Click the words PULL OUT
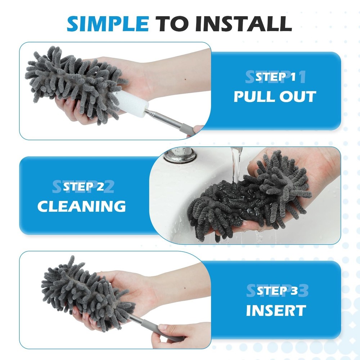pos(275,96)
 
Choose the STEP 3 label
pos(277,291)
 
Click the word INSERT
pos(276,311)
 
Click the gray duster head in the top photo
pos(72,85)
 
